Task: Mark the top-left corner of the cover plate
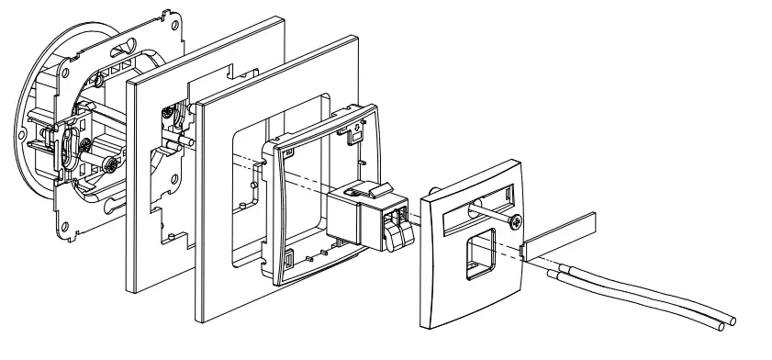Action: coord(423,195)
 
